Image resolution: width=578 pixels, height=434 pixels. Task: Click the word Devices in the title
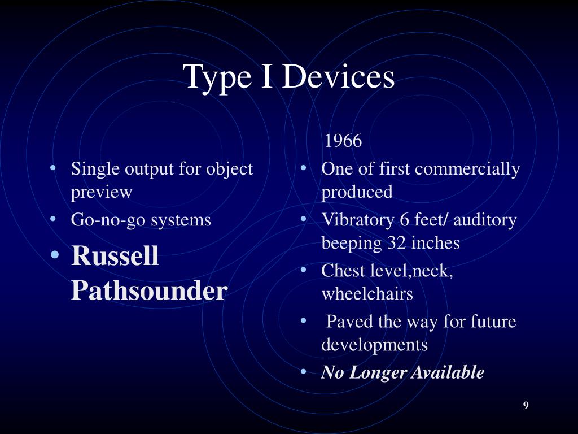[338, 76]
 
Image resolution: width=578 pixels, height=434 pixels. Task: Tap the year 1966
[343, 141]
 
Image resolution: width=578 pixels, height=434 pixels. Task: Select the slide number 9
[526, 405]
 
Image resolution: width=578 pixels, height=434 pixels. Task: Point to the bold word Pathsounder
[149, 290]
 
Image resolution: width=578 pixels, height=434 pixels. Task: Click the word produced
[357, 192]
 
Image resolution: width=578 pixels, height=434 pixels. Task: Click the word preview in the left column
[101, 192]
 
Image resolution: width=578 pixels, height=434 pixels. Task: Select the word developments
[374, 345]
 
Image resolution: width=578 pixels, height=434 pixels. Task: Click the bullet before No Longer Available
[304, 372]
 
